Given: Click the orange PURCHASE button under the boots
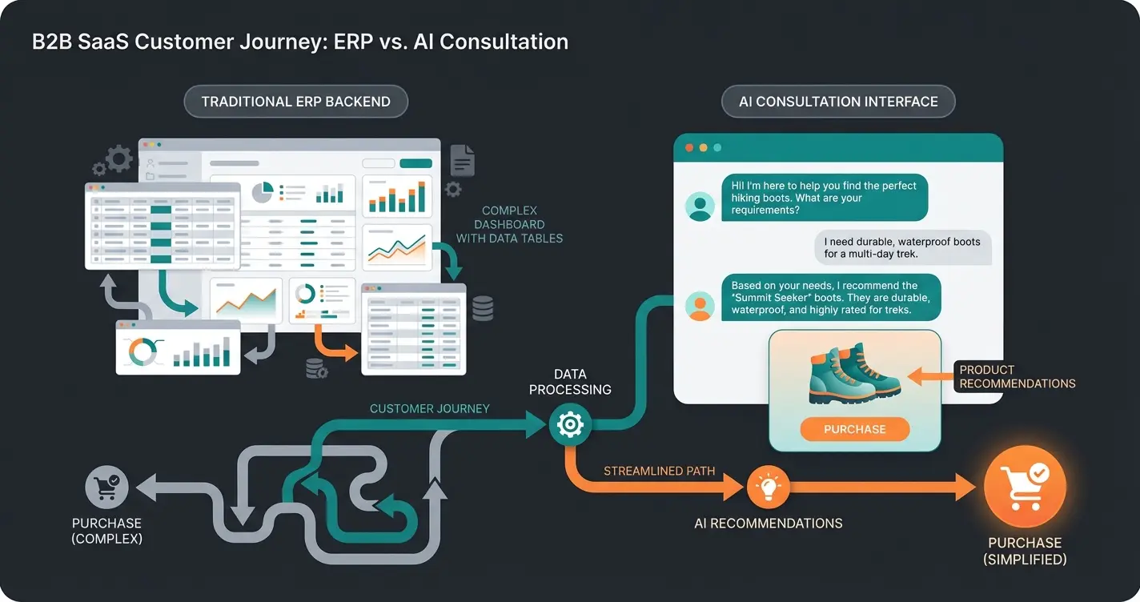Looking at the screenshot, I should click(854, 429).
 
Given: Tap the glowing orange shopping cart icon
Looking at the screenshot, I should click(1025, 485).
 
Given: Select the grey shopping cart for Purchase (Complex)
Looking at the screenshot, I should click(106, 487).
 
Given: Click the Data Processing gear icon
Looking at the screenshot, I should click(569, 424).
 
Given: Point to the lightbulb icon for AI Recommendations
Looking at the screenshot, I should click(768, 486).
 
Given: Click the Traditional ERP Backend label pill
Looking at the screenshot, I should click(295, 102).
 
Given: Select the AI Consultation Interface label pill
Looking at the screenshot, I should click(838, 102).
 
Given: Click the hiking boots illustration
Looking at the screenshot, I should click(854, 373).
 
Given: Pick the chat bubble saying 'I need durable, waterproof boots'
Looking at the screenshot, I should click(901, 248).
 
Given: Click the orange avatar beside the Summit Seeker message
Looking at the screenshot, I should click(700, 305).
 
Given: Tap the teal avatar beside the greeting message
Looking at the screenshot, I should click(700, 206).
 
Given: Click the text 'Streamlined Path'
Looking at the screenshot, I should click(660, 471).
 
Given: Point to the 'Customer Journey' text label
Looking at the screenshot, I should click(429, 408).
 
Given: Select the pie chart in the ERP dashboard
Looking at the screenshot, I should click(263, 192).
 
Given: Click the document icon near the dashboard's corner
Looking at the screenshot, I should click(462, 160).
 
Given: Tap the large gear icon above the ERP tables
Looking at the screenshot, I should click(118, 158).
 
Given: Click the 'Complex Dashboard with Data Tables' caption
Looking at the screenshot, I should click(509, 224).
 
